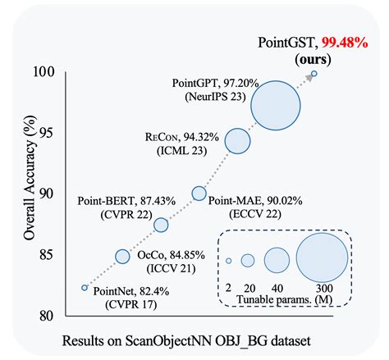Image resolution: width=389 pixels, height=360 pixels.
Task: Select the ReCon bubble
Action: click(237, 141)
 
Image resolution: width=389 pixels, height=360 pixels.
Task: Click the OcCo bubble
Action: click(122, 257)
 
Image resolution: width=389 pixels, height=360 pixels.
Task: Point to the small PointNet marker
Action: click(84, 288)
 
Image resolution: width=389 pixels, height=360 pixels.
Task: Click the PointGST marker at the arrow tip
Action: click(313, 74)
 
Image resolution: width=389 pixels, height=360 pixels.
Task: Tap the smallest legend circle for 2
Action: click(228, 261)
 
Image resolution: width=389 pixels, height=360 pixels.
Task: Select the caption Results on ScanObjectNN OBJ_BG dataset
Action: click(194, 339)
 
